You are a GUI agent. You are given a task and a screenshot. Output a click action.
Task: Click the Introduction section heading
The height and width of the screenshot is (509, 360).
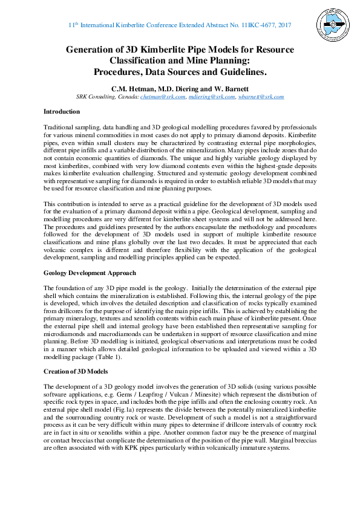coord(61,112)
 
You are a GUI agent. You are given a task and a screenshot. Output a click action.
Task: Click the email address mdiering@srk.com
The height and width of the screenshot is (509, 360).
coord(203,97)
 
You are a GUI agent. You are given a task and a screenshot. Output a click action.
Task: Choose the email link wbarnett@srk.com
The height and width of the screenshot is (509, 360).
coord(261,97)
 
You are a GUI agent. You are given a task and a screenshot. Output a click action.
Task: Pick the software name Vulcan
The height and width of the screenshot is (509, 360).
coord(196,393)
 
